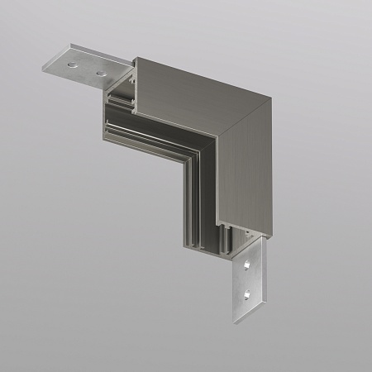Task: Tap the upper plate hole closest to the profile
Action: pyautogui.click(x=103, y=74)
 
